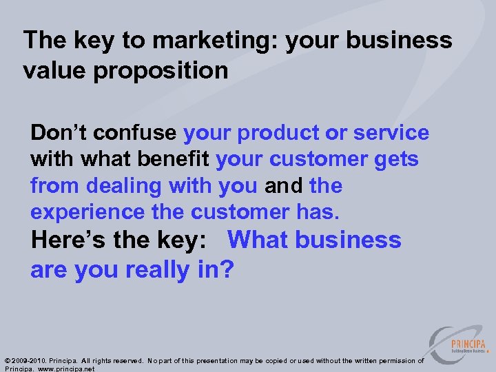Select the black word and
[284, 186]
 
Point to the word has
[320, 212]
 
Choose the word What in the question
[262, 240]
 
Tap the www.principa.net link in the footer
[65, 369]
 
